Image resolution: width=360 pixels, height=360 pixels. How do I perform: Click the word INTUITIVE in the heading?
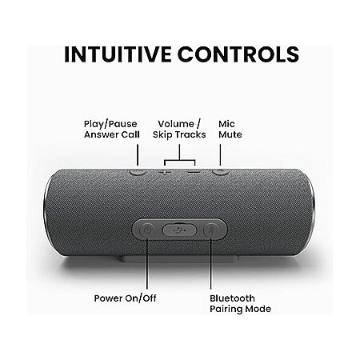(x=118, y=54)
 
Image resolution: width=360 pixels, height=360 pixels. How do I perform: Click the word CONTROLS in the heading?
(x=238, y=54)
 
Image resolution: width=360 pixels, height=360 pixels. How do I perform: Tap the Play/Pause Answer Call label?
(x=112, y=130)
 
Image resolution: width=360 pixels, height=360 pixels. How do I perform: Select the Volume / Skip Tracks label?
(x=179, y=130)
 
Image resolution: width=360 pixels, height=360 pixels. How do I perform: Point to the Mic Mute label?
(x=230, y=130)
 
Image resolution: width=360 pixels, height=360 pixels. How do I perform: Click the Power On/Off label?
(x=125, y=298)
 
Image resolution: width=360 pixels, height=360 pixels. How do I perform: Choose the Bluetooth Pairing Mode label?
(x=240, y=303)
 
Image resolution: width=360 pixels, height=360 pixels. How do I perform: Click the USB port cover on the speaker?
(x=179, y=230)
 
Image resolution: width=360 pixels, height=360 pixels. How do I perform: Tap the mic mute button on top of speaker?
(x=221, y=172)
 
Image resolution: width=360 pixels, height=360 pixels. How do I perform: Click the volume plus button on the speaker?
(x=165, y=172)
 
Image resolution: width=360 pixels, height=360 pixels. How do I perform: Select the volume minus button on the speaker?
(x=194, y=172)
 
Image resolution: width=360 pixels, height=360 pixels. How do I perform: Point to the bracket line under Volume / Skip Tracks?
(x=179, y=160)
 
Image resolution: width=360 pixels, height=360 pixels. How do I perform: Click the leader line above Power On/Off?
(x=147, y=264)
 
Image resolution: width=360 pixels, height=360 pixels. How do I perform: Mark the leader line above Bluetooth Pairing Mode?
(x=211, y=264)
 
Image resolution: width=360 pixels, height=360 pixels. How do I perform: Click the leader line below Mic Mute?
(x=220, y=155)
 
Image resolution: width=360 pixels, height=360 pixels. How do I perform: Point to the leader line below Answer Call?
(x=138, y=155)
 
